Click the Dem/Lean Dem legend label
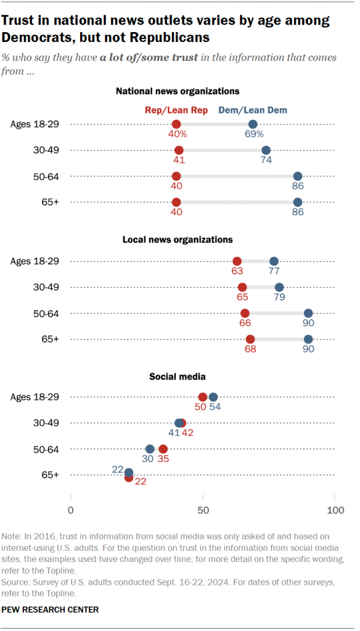[x=253, y=110]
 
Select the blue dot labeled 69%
[x=253, y=124]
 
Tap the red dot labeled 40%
[x=176, y=124]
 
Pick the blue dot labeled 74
[x=266, y=150]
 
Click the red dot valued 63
[x=237, y=261]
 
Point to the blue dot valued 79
[x=279, y=287]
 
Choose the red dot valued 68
[x=250, y=339]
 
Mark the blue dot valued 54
[x=213, y=397]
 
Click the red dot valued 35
[x=163, y=449]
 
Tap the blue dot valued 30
[x=150, y=449]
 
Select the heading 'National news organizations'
[x=178, y=91]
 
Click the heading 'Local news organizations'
[x=178, y=239]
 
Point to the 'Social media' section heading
[x=178, y=376]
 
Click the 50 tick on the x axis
[x=203, y=511]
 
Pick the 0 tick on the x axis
[x=71, y=511]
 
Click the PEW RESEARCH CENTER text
[x=51, y=609]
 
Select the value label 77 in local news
[x=274, y=271]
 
